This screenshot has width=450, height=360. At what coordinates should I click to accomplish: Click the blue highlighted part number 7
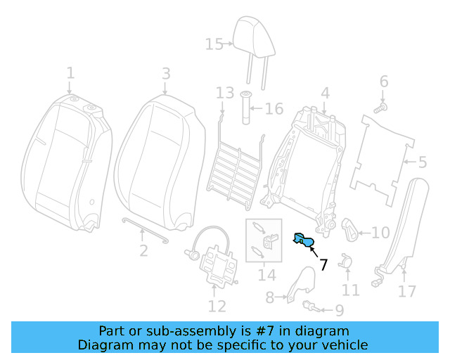pyautogui.click(x=304, y=241)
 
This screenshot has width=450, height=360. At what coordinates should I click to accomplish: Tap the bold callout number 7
pyautogui.click(x=323, y=265)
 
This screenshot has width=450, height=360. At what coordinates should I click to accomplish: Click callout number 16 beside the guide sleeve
pyautogui.click(x=274, y=109)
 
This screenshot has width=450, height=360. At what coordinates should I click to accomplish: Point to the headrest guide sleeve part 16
pyautogui.click(x=247, y=109)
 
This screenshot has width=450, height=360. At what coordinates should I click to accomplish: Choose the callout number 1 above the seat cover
pyautogui.click(x=70, y=73)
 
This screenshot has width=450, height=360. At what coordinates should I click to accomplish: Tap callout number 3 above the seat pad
pyautogui.click(x=165, y=74)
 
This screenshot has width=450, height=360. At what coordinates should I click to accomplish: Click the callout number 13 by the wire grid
pyautogui.click(x=224, y=94)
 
